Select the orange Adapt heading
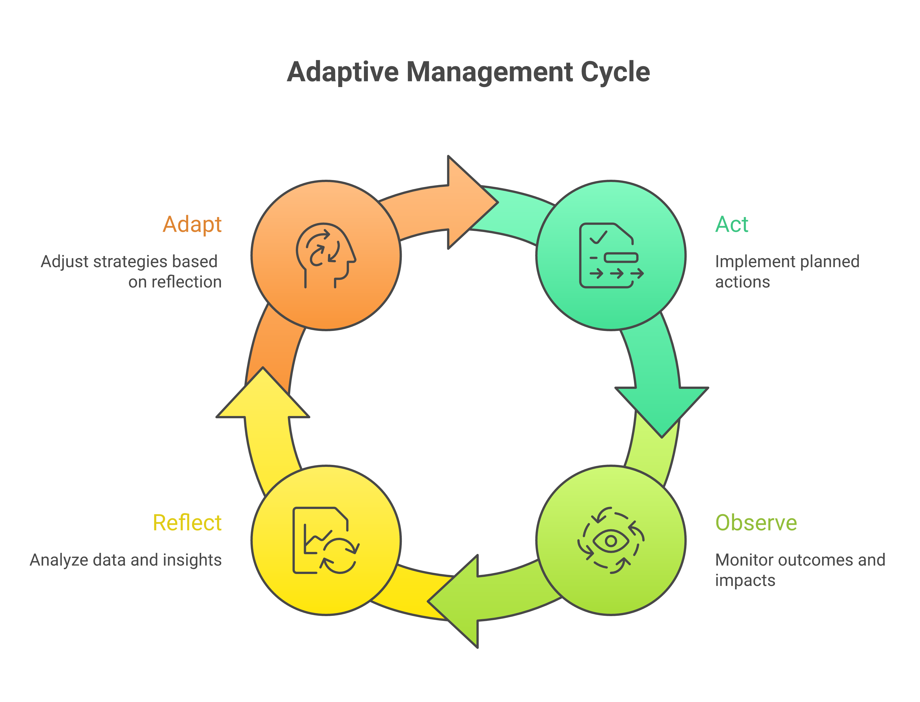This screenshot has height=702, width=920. (x=192, y=224)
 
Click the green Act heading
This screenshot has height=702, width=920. (x=731, y=224)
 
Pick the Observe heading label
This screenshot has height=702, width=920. (x=756, y=523)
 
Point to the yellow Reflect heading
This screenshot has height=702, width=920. (x=187, y=523)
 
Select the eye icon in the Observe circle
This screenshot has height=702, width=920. (x=611, y=541)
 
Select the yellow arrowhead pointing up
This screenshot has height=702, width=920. (x=263, y=395)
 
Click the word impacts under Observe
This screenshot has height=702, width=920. (x=745, y=580)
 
